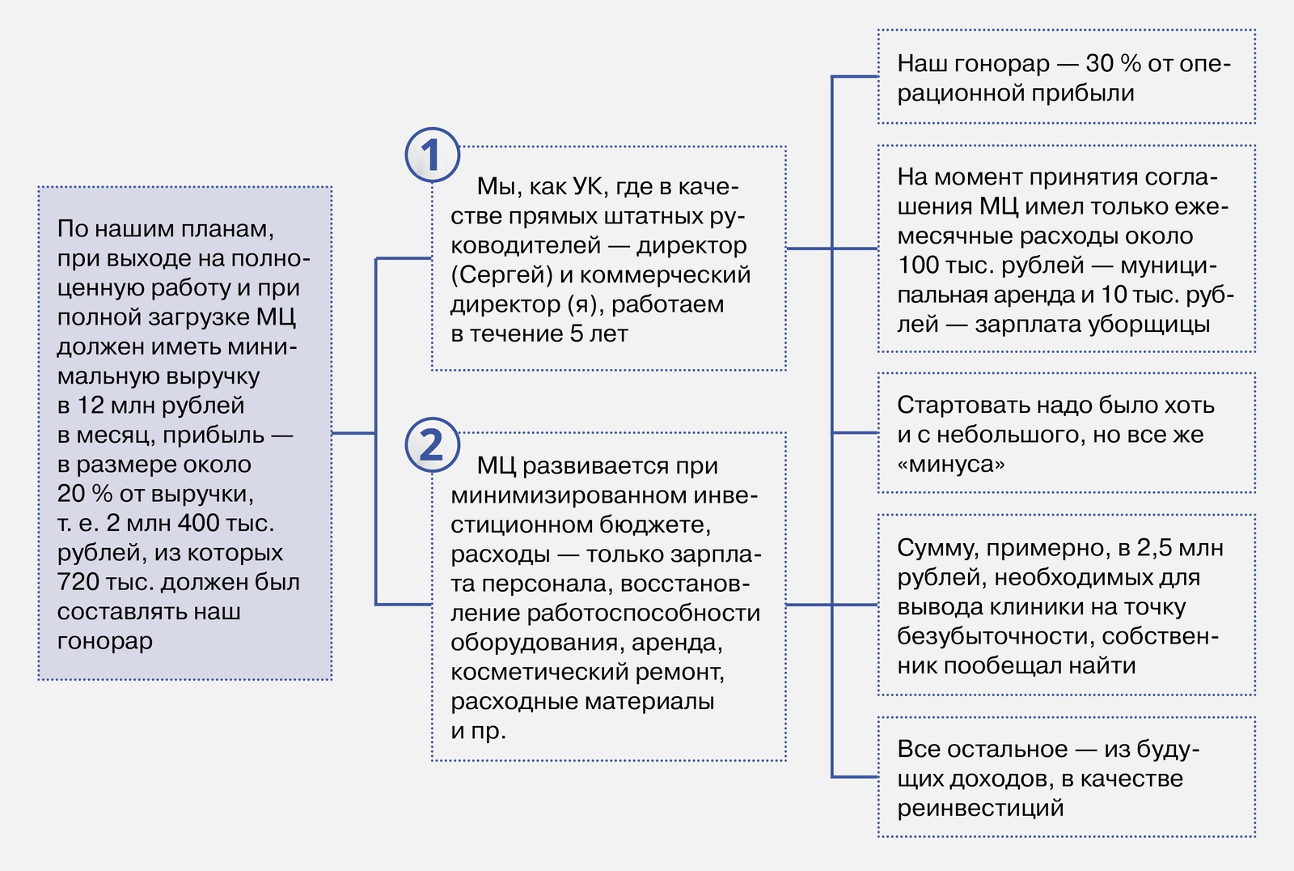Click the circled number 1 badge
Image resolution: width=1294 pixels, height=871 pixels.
click(x=432, y=155)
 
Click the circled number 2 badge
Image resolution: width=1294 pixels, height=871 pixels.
click(x=432, y=444)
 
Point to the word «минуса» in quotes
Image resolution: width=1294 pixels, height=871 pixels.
click(x=950, y=464)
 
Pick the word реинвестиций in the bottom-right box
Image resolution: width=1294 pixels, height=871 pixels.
click(x=980, y=808)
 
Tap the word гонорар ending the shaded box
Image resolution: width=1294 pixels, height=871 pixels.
click(x=105, y=641)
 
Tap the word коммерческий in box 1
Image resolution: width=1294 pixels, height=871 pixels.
click(x=665, y=275)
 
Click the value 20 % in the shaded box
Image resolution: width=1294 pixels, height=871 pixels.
click(x=84, y=494)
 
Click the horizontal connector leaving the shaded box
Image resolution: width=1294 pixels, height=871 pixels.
click(x=353, y=432)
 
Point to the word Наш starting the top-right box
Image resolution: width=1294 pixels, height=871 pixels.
click(x=922, y=64)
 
